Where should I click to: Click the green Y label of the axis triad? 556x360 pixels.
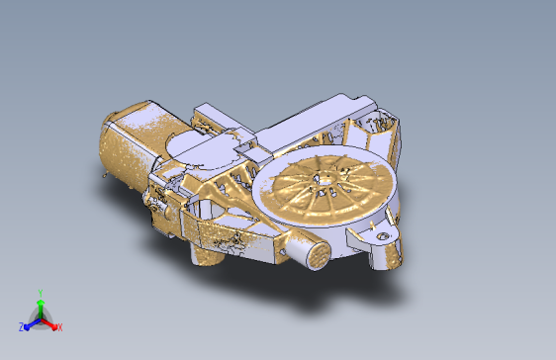coord(41,293)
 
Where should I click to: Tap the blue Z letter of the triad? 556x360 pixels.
coord(22,327)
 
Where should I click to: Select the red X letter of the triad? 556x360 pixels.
coord(60,327)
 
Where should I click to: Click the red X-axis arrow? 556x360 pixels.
coord(48,323)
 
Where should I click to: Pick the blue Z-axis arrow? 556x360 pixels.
coord(32,324)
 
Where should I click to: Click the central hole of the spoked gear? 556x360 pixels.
coord(325,180)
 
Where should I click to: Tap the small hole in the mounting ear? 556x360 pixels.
coord(382,236)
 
